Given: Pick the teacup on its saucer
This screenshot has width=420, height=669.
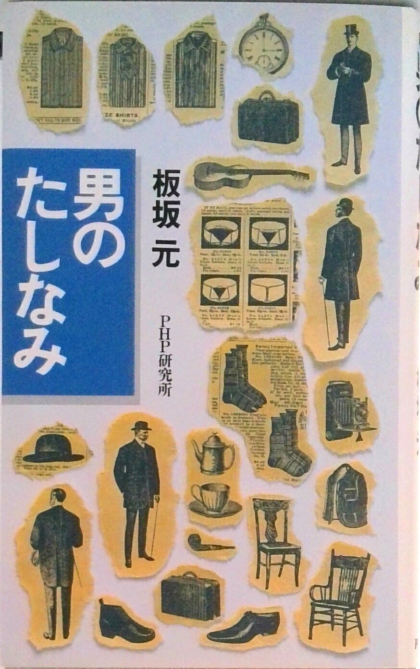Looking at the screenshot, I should (x=212, y=499).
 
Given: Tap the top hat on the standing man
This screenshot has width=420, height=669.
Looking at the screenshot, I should (x=351, y=31).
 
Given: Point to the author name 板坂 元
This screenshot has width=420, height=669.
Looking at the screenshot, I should (x=165, y=218).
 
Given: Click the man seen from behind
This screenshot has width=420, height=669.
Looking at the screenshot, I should (x=57, y=561).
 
